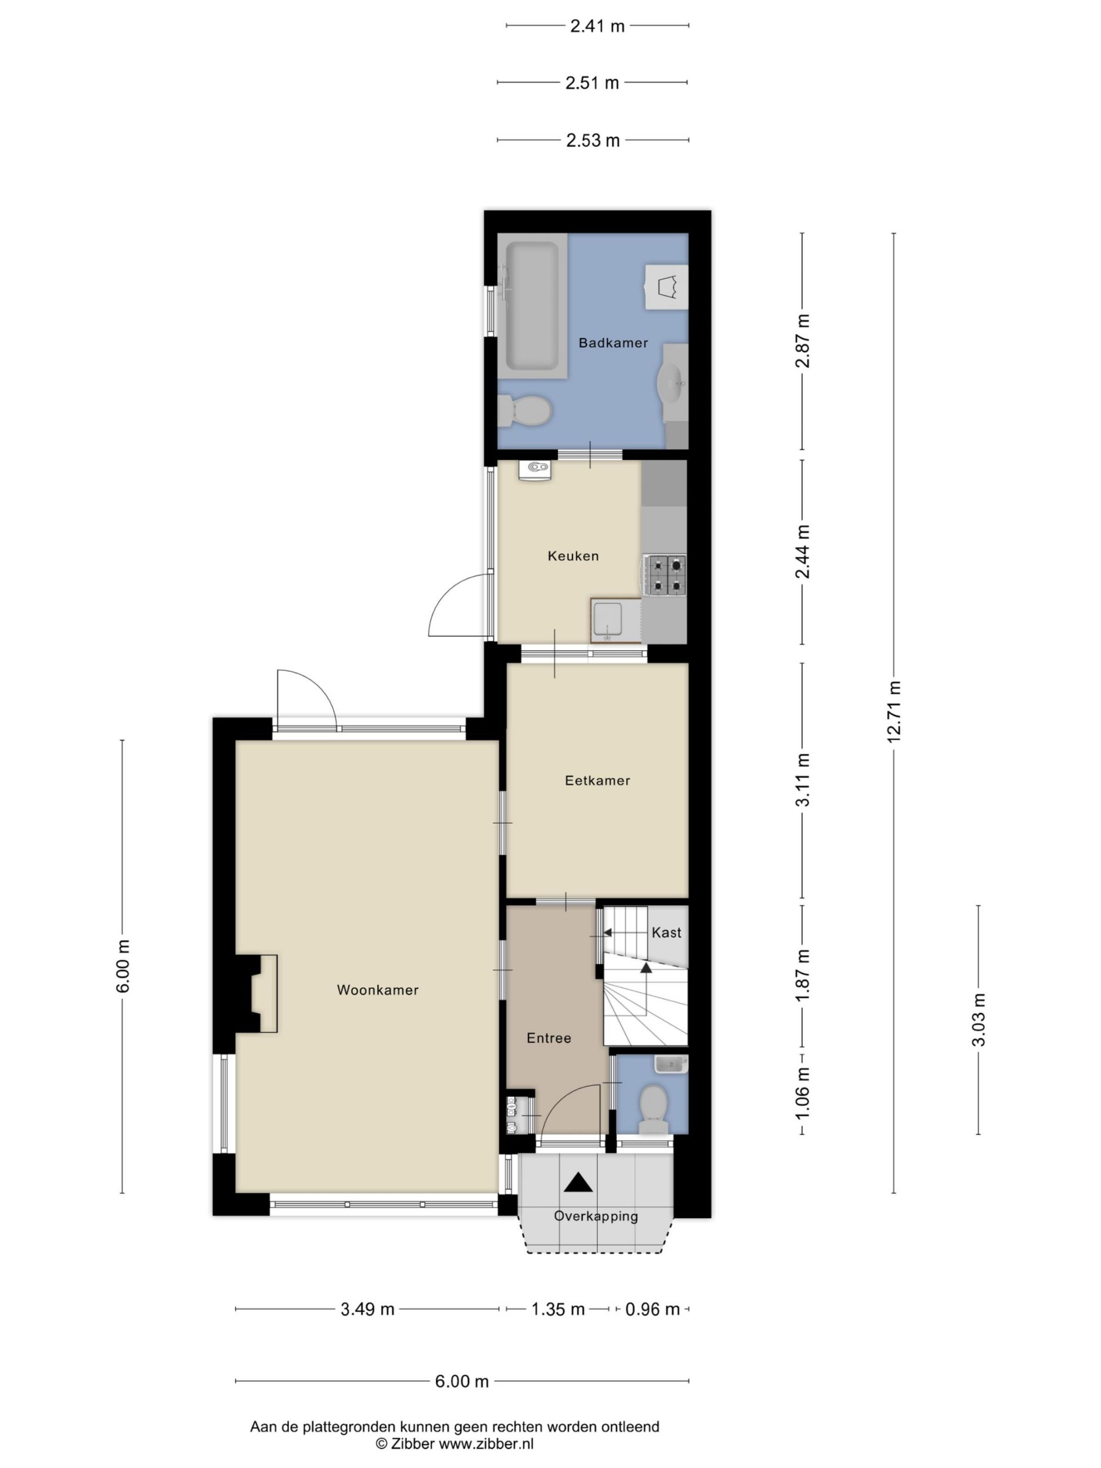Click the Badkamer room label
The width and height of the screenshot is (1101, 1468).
pyautogui.click(x=612, y=343)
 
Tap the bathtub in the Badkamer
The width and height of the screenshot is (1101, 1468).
pyautogui.click(x=531, y=306)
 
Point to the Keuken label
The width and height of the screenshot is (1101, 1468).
pyautogui.click(x=573, y=556)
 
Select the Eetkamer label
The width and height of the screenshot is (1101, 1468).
pyautogui.click(x=597, y=780)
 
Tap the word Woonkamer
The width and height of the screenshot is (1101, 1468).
pyautogui.click(x=378, y=990)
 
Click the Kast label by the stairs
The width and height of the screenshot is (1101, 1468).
pyautogui.click(x=666, y=932)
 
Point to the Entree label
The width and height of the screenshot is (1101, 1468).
pyautogui.click(x=549, y=1038)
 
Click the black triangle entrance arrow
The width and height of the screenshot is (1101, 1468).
pyautogui.click(x=578, y=1182)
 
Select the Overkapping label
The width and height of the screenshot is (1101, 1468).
pyautogui.click(x=596, y=1216)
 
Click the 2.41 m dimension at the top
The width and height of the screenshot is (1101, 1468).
pyautogui.click(x=597, y=26)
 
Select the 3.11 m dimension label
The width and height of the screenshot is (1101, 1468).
pyautogui.click(x=804, y=780)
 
